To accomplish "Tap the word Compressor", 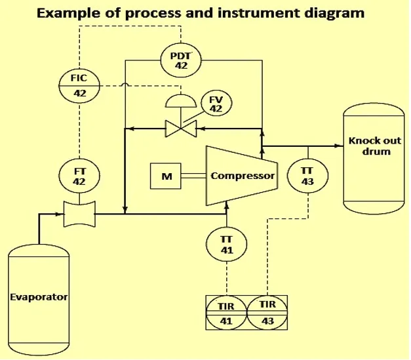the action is coord(243,176).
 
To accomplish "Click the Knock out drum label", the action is coord(376,146).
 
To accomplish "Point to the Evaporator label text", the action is coord(39,297).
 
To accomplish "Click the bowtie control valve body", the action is coord(181,129).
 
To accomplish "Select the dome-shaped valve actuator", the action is coord(181,101).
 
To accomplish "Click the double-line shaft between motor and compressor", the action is coord(194,176).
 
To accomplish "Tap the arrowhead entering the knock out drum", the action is coord(340,146).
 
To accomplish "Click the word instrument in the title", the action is coord(258,12).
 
